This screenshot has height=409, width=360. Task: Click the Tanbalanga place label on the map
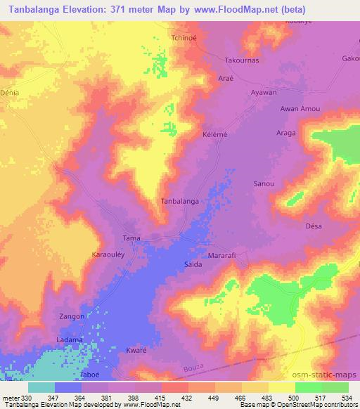pyautogui.click(x=179, y=201)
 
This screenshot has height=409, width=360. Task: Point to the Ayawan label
pyautogui.click(x=264, y=93)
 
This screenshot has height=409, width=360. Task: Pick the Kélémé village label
pyautogui.click(x=214, y=134)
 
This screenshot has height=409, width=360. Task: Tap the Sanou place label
pyautogui.click(x=263, y=183)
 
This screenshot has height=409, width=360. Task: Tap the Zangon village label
pyautogui.click(x=72, y=317)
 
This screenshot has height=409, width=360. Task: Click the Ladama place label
pyautogui.click(x=70, y=340)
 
